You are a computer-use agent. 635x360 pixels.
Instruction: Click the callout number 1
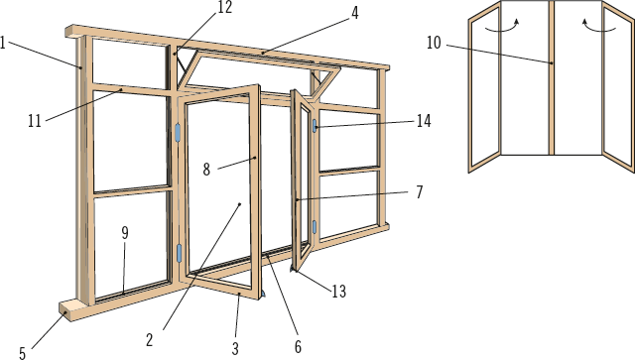pos(3,43)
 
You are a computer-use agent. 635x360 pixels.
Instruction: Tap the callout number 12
pos(225,7)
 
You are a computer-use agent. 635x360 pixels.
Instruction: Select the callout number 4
pos(355,13)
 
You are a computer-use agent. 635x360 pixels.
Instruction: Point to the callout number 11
pos(35,121)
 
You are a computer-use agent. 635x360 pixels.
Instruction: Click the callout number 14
pos(424,121)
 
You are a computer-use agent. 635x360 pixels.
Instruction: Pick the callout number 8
pos(206,170)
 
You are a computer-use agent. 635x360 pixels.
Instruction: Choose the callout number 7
pos(420,192)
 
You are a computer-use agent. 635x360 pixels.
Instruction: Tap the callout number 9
pos(125,233)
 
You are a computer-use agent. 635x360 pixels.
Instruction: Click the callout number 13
pos(339,292)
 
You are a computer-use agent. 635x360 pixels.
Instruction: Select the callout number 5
pos(23,353)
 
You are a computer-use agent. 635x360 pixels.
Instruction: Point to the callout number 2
pos(150,340)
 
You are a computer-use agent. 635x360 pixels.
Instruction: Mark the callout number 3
pos(235,348)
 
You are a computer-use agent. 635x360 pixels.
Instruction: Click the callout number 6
pos(298,347)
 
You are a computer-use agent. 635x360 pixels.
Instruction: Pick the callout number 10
pos(434,43)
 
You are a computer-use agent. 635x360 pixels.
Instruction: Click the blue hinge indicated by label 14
pos(315,126)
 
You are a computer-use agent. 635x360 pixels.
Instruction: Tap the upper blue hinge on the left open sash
pos(178,133)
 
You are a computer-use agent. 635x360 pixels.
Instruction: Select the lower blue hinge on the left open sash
pos(179,253)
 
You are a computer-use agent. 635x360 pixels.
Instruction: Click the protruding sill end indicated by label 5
pos(67,309)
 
